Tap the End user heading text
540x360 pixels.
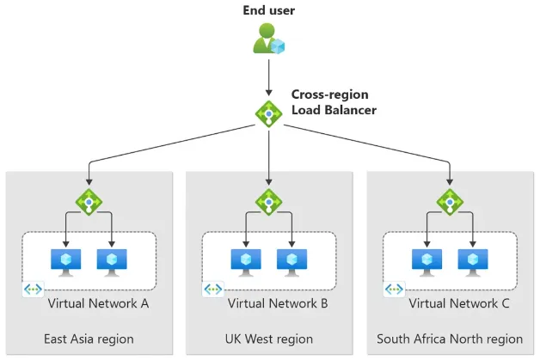269,11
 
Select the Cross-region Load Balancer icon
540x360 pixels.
269,113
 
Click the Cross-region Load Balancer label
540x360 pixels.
333,102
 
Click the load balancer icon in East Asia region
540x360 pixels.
89,202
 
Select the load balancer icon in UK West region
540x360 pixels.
269,202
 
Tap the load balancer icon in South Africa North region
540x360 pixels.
449,202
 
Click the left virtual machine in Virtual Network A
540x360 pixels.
65,260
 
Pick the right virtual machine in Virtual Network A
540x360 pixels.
112,260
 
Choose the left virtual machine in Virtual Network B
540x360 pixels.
246,260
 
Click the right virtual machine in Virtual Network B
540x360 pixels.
292,260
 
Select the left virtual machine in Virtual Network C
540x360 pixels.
426,260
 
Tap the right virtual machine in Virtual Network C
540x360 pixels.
472,260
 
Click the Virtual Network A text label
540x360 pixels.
98,303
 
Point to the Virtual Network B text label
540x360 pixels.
278,303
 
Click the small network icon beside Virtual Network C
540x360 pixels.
394,290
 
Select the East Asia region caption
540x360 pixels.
89,339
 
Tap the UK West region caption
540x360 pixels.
269,339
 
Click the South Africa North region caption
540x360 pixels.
449,339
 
